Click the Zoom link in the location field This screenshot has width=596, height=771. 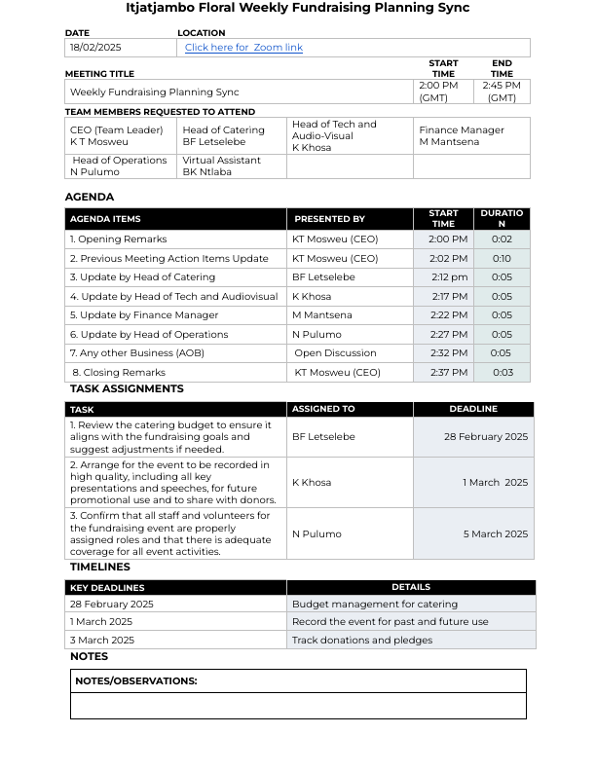243,48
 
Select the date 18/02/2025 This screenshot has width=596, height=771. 95,48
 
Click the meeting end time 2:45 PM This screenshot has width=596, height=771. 502,92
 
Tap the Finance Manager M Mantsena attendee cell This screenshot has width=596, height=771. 463,135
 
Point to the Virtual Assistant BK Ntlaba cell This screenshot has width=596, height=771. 221,166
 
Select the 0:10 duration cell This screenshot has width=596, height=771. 502,258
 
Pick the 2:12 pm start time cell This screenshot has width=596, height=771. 449,277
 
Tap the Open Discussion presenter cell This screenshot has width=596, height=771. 335,353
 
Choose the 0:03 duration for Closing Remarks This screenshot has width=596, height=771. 502,372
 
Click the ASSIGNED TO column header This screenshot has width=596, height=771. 323,410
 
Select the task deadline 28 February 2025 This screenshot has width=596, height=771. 486,437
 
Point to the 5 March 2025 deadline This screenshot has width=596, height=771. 495,533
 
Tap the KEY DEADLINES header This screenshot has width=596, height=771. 107,588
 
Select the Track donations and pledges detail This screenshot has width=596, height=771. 362,641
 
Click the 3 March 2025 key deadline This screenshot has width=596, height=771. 101,641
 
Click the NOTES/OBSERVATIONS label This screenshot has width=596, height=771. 136,681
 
